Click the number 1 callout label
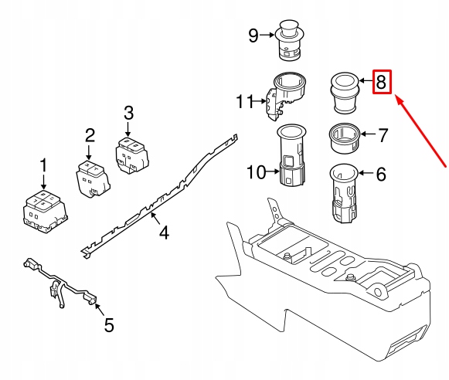(43, 165)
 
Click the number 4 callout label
(163, 231)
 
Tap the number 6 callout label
(380, 175)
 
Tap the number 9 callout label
(253, 35)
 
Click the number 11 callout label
(245, 101)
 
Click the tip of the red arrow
(396, 98)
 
